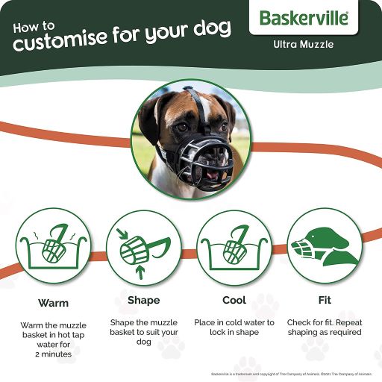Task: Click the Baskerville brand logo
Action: pyautogui.click(x=304, y=18)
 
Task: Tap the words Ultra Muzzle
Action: pyautogui.click(x=303, y=44)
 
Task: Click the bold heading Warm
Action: pyautogui.click(x=53, y=304)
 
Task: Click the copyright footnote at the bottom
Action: pyautogui.click(x=290, y=372)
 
